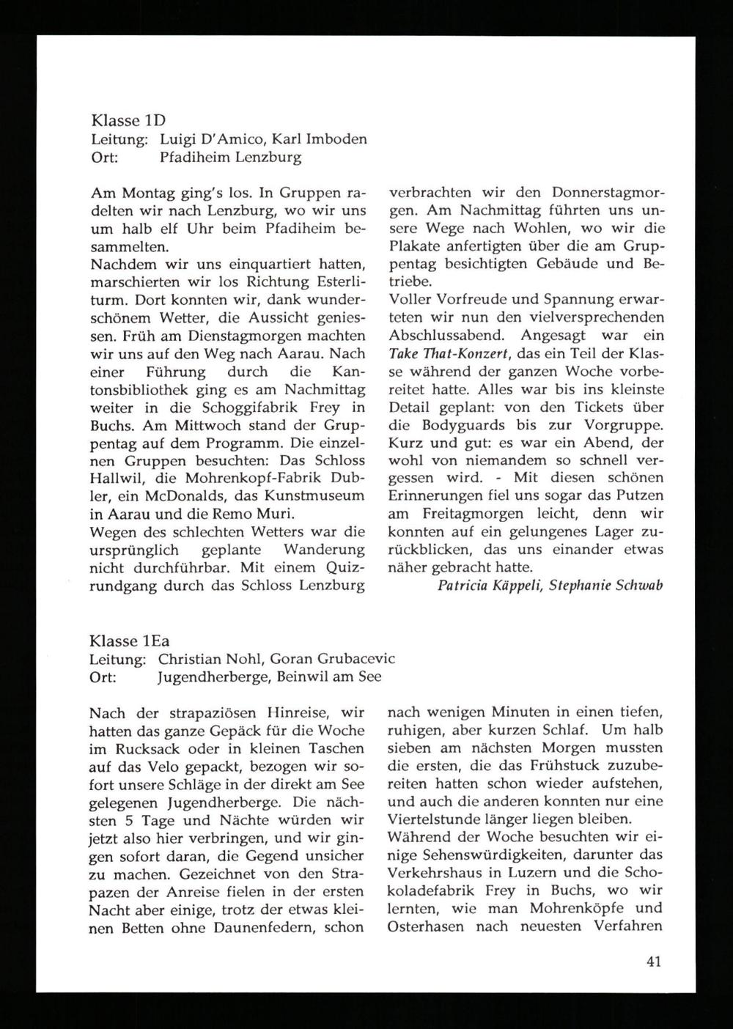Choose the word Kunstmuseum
click(x=320, y=496)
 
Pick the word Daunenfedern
click(x=270, y=926)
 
